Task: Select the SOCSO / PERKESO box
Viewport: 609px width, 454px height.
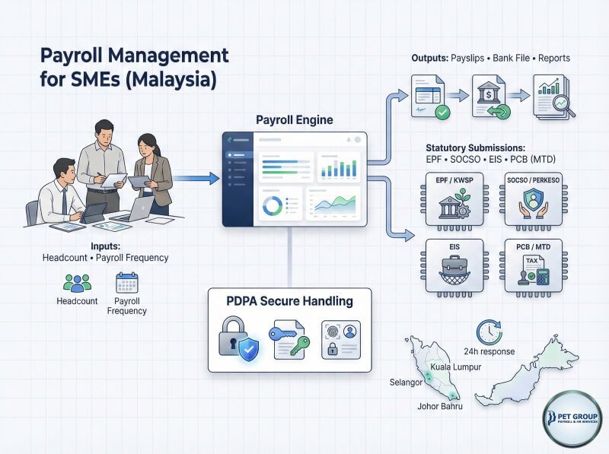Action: coord(534,199)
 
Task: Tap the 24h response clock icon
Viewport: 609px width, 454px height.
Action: coord(489,332)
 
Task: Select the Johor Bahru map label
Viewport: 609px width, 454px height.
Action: coord(440,405)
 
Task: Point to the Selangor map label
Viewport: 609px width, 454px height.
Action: coord(405,382)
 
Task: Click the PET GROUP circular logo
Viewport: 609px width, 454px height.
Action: coord(572,419)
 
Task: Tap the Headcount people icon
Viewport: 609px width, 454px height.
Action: coord(77,284)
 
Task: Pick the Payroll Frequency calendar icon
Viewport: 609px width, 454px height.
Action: coord(126,283)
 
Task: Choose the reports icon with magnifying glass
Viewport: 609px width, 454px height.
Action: coord(553,97)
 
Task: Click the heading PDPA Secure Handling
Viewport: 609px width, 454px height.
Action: coord(290,301)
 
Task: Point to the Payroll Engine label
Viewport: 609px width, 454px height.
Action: coord(294,120)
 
